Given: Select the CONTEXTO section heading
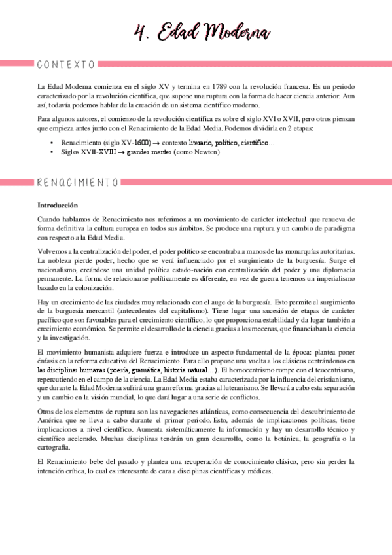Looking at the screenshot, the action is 67,64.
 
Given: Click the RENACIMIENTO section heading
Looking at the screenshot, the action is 78,181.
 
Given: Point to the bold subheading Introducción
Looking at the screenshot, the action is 58,205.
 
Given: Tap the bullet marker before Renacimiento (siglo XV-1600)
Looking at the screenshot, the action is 52,142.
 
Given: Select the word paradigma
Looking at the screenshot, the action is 336,229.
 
